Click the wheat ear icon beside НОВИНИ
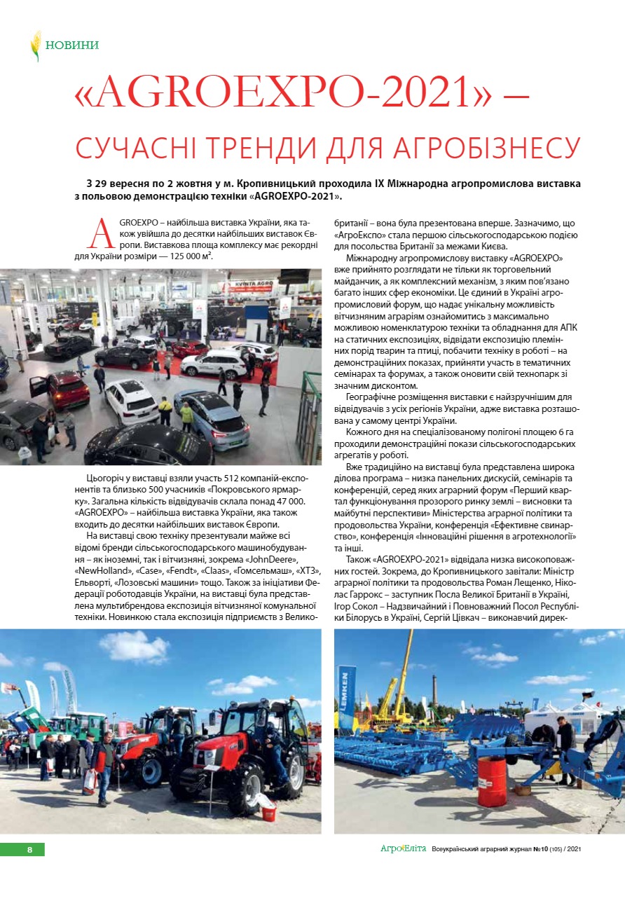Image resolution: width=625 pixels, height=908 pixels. [x=36, y=46]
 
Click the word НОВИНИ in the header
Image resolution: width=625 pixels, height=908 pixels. [x=72, y=46]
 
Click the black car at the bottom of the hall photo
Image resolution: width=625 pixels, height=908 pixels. [x=139, y=446]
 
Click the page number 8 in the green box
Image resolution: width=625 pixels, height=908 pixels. [x=30, y=849]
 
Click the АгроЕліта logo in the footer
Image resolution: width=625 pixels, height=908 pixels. [x=403, y=848]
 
